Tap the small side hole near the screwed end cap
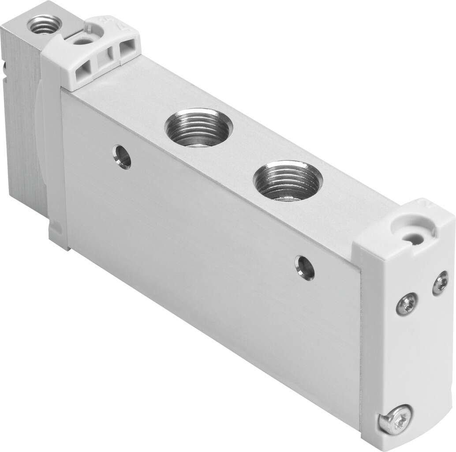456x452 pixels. click(305, 267)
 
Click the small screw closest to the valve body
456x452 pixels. click(406, 304)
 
